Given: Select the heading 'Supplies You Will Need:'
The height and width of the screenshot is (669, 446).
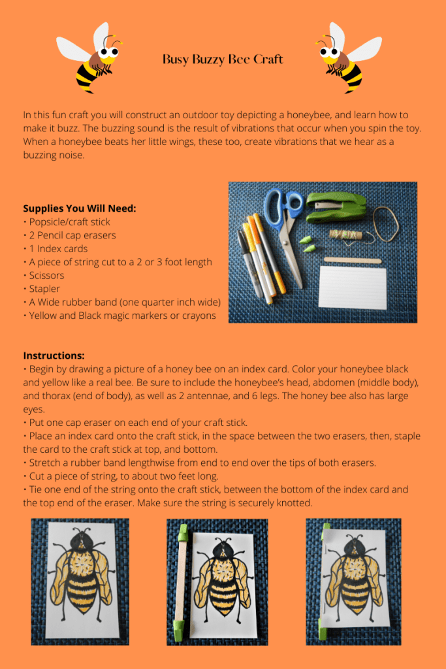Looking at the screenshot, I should coord(79,208).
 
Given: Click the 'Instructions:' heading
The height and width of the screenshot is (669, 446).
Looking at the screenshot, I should coord(54,355).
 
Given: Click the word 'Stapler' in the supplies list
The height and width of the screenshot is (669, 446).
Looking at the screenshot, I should coord(46,288).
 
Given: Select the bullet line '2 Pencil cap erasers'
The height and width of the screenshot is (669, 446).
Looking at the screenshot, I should coord(72,235).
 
